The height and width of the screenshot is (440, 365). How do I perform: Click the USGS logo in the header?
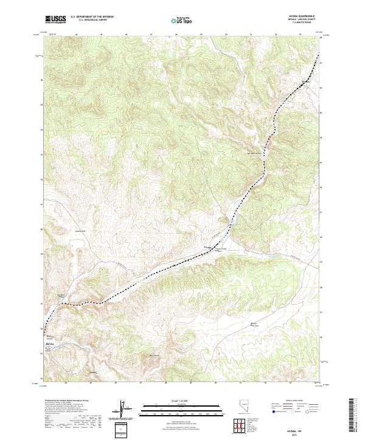click(57, 20)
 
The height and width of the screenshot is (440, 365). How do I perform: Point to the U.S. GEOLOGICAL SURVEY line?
click(91, 21)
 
